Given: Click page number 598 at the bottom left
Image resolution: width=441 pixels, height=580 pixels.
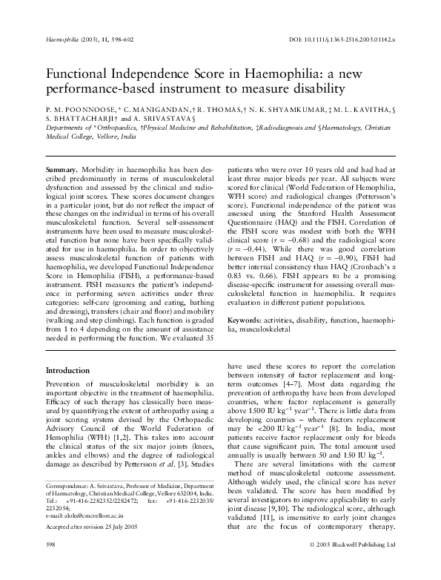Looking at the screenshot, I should point(51,564).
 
